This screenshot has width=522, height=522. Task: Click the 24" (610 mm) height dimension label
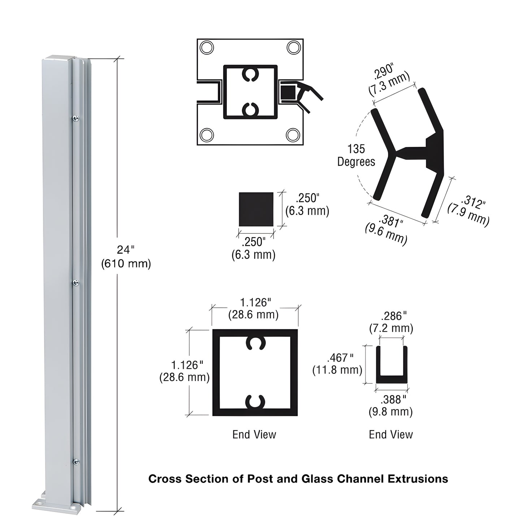pyautogui.click(x=125, y=257)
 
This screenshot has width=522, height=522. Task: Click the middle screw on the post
pyautogui.click(x=76, y=283)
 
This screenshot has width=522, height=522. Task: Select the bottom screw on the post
pyautogui.click(x=76, y=462)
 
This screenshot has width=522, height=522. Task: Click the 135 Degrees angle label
pyautogui.click(x=356, y=155)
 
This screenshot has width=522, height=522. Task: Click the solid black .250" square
pyautogui.click(x=256, y=210)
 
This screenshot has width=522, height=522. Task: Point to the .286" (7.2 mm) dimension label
pyautogui.click(x=391, y=322)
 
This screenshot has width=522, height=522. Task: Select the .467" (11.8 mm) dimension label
pyautogui.click(x=337, y=364)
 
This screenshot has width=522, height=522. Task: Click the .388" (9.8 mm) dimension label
pyautogui.click(x=391, y=405)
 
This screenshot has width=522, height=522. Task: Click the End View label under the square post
pyautogui.click(x=254, y=434)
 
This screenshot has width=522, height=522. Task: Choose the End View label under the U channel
pyautogui.click(x=391, y=434)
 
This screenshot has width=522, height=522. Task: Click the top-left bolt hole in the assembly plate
pyautogui.click(x=207, y=48)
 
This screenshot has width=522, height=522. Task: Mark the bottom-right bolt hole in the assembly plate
pyautogui.click(x=293, y=135)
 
